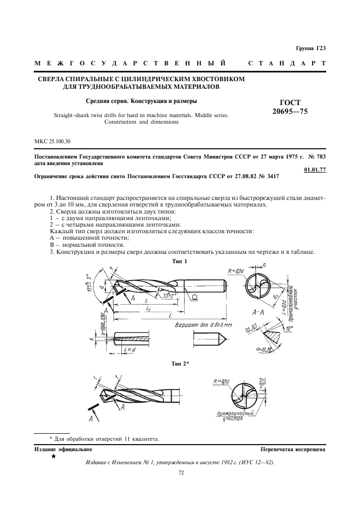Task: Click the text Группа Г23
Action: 311,48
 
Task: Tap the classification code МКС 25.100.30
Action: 52,142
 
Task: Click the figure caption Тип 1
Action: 179,261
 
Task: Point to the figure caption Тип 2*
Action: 180,363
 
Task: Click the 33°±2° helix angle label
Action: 171,295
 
